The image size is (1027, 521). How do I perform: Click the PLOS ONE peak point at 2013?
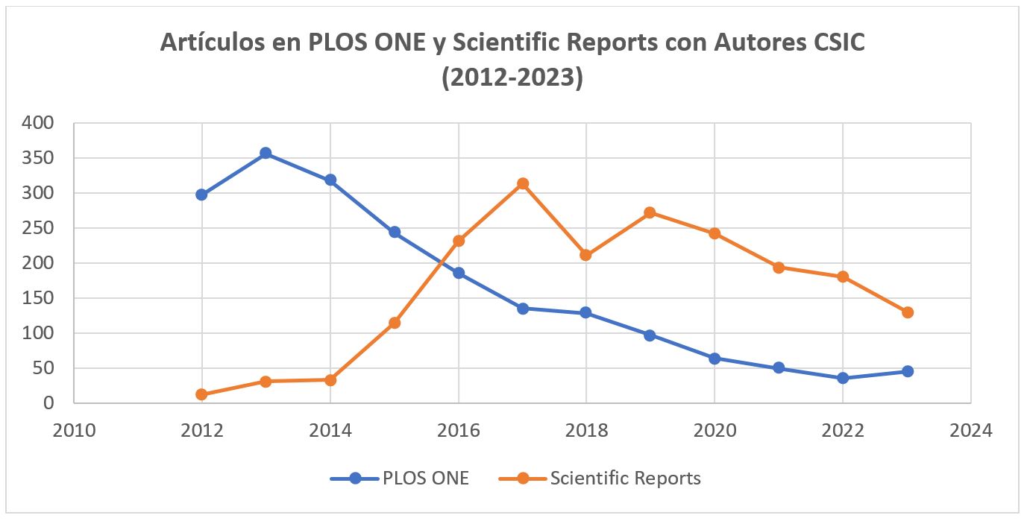pos(266,154)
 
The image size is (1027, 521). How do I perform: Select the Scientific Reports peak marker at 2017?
pos(523,183)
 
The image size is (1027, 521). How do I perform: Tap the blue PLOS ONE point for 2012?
pos(201,195)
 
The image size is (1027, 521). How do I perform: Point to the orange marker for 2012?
pos(201,394)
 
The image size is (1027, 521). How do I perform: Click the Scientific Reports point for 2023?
pos(908,312)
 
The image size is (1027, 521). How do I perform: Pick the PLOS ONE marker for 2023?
pos(908,371)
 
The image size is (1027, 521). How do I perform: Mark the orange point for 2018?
pos(586,255)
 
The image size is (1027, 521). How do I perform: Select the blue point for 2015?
pos(395,232)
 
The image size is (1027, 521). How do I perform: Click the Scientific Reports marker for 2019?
pos(650,212)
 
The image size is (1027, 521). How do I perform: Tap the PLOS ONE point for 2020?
pos(714,359)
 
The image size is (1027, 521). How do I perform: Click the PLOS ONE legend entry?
pos(400,479)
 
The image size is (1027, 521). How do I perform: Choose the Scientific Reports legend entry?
pos(600,479)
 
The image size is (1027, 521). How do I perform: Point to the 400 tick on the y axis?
pos(39,123)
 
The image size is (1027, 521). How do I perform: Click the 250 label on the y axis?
pos(39,228)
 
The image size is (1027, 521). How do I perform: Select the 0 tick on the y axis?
pos(48,403)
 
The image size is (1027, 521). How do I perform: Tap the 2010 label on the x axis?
pos(74,431)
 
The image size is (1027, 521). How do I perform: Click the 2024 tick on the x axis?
pos(971,431)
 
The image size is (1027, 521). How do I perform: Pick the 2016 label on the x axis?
pos(459,431)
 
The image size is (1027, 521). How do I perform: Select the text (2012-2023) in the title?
pos(512,77)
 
